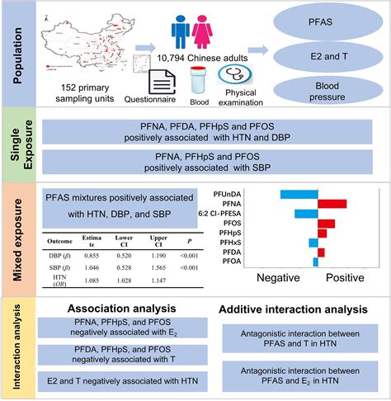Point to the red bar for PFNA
[332, 203]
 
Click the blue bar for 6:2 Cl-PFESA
[306, 214]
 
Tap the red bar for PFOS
[327, 224]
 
